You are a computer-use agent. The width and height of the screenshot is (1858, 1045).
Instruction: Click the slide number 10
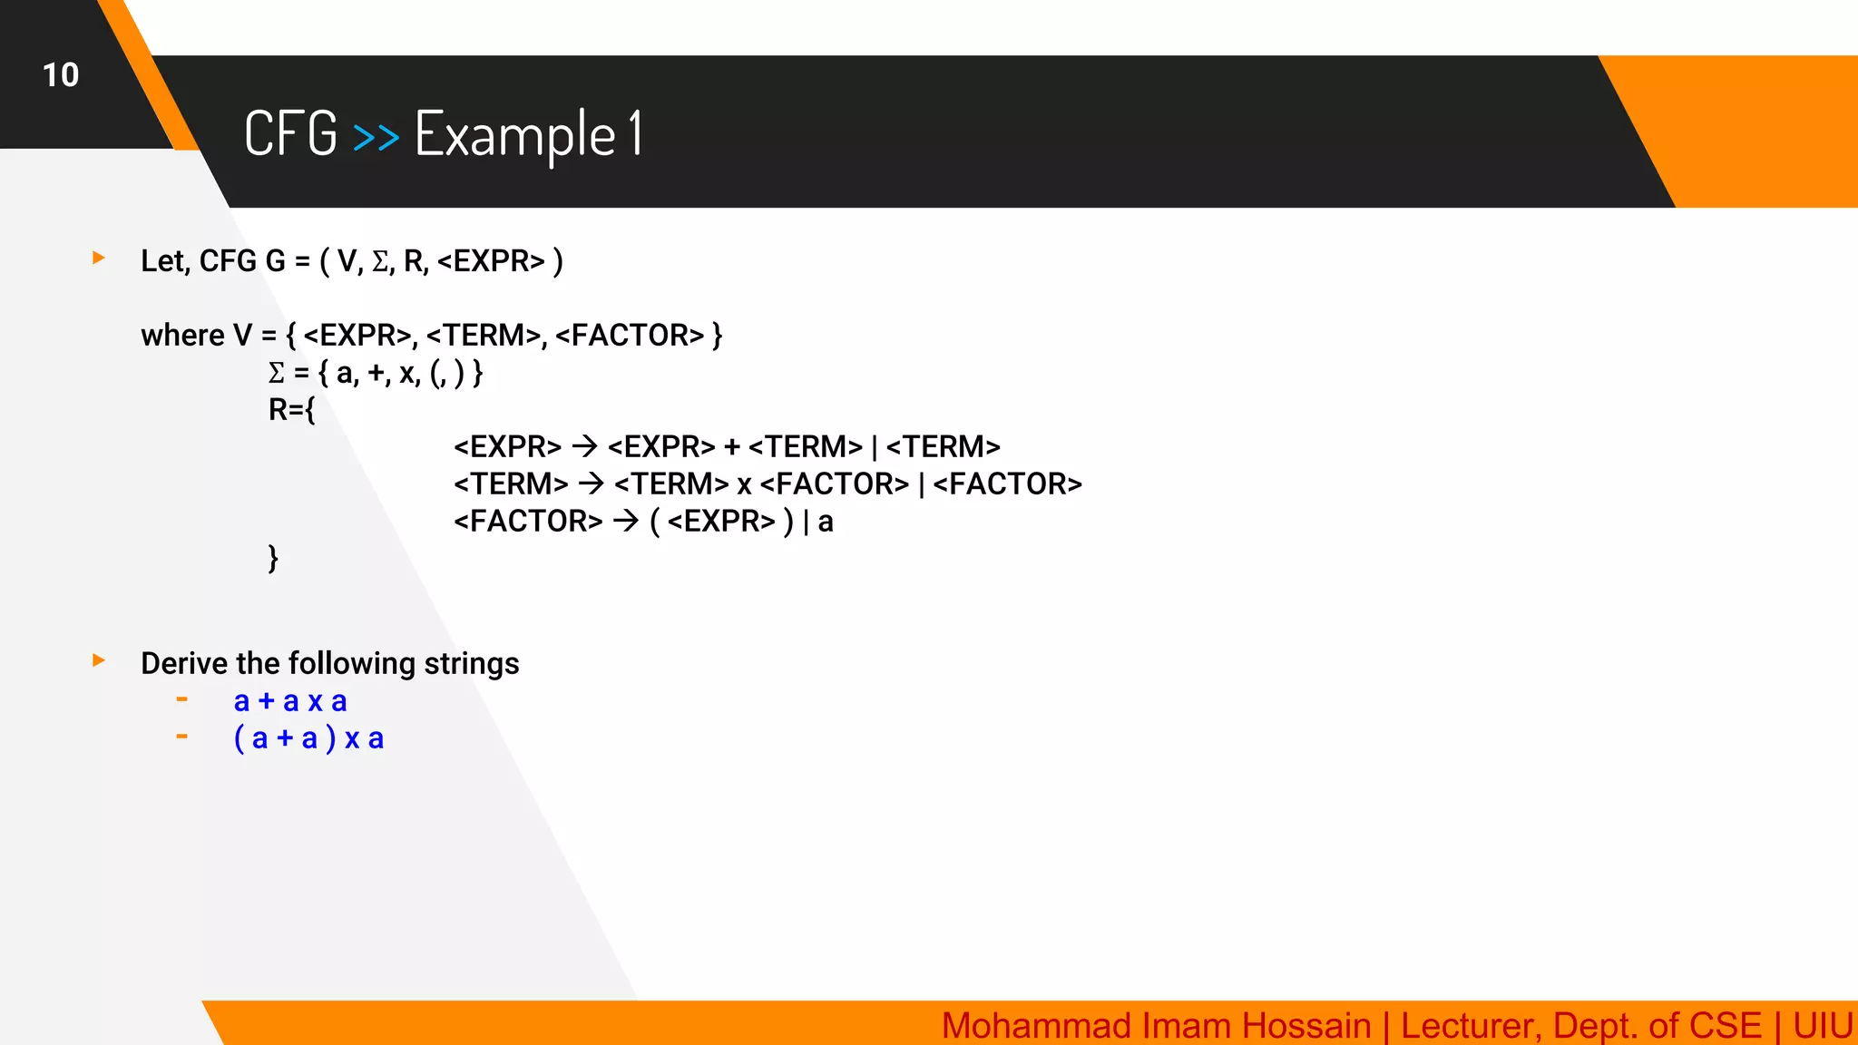click(61, 75)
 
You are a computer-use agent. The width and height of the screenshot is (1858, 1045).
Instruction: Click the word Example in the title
click(515, 134)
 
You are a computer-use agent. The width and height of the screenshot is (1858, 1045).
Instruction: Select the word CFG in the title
click(290, 134)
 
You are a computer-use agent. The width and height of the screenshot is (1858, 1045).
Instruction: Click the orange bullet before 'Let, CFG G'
click(99, 259)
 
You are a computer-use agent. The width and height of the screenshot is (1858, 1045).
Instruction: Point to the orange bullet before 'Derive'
click(99, 660)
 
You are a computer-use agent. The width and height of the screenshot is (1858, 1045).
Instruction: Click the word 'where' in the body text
click(182, 336)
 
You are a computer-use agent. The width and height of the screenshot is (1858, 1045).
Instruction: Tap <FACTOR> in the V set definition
click(629, 336)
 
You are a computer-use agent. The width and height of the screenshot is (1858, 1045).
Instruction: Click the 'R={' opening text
click(291, 410)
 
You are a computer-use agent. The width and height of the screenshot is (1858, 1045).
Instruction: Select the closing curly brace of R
click(273, 558)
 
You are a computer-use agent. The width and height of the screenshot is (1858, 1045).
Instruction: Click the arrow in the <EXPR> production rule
click(584, 446)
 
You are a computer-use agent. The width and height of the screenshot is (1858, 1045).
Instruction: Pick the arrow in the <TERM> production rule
click(592, 483)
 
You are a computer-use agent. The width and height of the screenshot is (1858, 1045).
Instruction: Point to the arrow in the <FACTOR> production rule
click(626, 521)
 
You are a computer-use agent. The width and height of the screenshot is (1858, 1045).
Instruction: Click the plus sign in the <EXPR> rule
click(732, 446)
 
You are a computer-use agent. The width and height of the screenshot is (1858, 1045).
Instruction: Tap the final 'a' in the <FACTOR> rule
click(826, 522)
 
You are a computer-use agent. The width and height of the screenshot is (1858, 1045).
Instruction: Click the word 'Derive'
click(184, 663)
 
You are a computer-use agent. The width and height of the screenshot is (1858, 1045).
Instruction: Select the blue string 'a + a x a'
click(290, 701)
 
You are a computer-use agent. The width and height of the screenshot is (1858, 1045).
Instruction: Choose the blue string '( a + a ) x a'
click(308, 738)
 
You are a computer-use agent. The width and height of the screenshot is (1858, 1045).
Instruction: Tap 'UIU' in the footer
click(1822, 1025)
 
